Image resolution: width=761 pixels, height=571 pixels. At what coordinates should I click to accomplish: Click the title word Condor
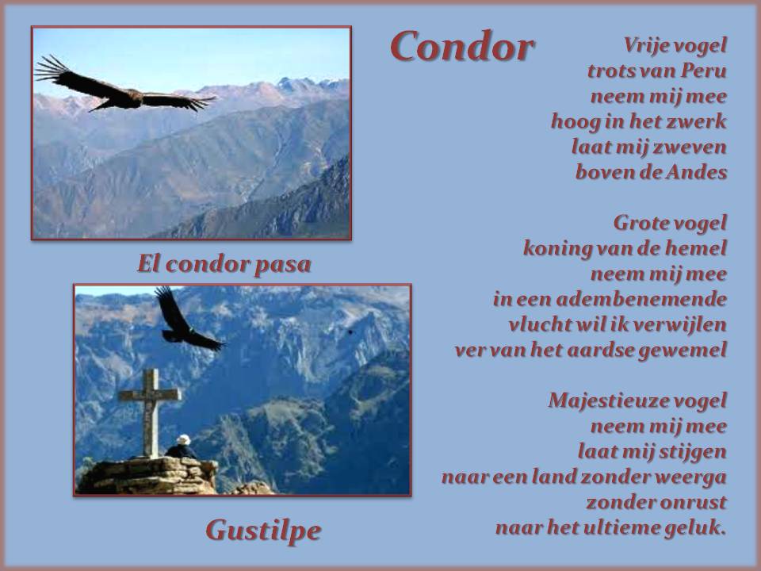coord(462,46)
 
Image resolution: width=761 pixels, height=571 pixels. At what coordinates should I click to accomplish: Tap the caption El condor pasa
coord(224,265)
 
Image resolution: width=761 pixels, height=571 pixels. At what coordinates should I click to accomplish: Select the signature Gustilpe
coord(263,531)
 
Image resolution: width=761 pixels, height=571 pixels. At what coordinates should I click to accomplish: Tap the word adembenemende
coord(641,299)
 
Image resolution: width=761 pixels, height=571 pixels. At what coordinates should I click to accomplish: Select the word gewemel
coord(683,350)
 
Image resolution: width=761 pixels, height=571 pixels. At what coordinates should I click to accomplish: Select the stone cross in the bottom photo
coord(150,412)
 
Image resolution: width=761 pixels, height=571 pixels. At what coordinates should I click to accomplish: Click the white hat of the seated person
coord(183,439)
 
